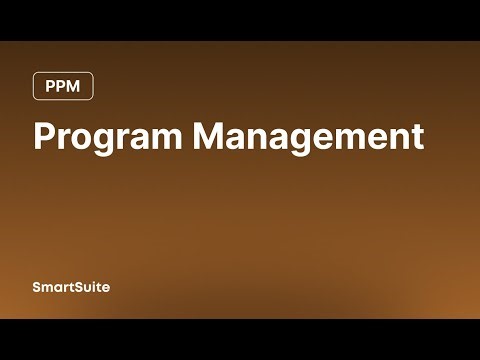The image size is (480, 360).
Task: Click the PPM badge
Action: coord(63,87)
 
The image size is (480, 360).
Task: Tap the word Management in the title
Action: coord(308,137)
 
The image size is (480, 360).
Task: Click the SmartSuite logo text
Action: coord(70,287)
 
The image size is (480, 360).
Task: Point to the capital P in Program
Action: coord(45,136)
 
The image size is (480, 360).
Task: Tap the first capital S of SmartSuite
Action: coord(36,287)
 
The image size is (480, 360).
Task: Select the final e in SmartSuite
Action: coord(106,288)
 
